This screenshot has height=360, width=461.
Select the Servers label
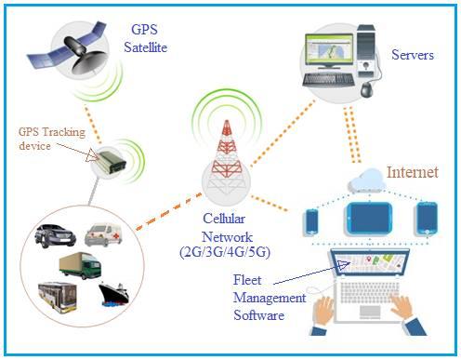point(414,55)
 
